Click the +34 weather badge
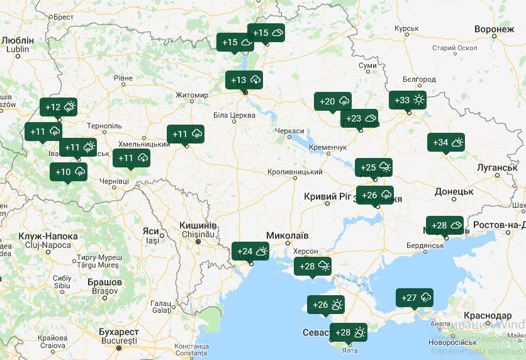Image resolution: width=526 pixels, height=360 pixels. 446,142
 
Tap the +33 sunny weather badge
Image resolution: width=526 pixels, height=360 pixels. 408,100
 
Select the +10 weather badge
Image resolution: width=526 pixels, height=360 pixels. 69,172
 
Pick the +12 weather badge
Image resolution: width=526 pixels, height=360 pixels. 59,107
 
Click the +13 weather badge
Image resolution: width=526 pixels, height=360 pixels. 244,80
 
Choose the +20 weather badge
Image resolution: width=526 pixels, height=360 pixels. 333,101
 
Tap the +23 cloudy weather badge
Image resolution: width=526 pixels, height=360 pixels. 360,118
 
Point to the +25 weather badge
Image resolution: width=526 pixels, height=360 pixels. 374,167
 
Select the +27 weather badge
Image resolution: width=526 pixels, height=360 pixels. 415,298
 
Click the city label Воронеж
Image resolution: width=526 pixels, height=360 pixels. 495,30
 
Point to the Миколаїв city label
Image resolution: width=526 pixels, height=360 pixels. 288,235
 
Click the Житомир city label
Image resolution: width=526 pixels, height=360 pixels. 192,95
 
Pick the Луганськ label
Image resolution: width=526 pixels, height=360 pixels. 497,167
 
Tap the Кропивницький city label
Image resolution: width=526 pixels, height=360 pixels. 295,172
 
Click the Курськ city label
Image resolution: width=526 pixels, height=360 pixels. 406,29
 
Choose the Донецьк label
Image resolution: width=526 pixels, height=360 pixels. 454,191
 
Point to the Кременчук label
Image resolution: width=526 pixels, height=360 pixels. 328,147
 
